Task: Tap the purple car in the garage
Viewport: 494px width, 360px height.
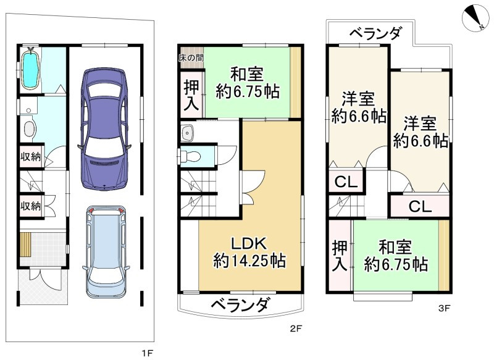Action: tap(104, 128)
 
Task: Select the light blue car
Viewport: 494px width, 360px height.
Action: tap(106, 252)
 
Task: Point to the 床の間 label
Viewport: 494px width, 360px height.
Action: tap(191, 58)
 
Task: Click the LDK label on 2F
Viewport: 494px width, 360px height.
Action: tap(249, 243)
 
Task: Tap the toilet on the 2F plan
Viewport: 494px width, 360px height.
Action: tap(191, 156)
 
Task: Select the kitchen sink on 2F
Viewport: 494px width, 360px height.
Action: tap(188, 133)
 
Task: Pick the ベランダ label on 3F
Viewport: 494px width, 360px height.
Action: tap(376, 33)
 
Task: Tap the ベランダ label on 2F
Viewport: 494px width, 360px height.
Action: tap(240, 304)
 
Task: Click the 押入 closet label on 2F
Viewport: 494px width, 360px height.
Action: tap(192, 95)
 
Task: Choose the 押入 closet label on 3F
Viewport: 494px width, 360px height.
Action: tap(340, 256)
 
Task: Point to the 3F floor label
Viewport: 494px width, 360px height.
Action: tap(444, 309)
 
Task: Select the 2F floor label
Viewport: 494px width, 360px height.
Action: tap(296, 329)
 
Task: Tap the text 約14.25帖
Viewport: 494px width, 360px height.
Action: tap(249, 261)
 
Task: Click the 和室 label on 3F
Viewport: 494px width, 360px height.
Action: tap(395, 247)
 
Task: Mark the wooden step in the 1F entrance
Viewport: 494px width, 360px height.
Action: tap(24, 245)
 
